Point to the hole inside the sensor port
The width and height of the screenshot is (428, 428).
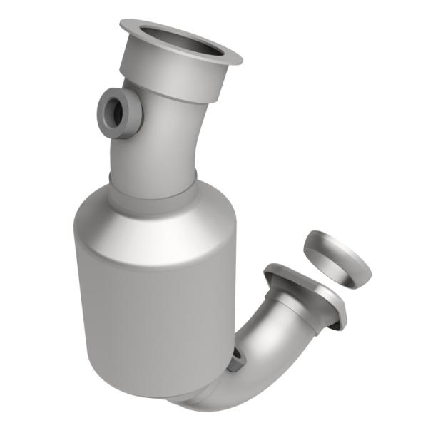pyautogui.click(x=113, y=109)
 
